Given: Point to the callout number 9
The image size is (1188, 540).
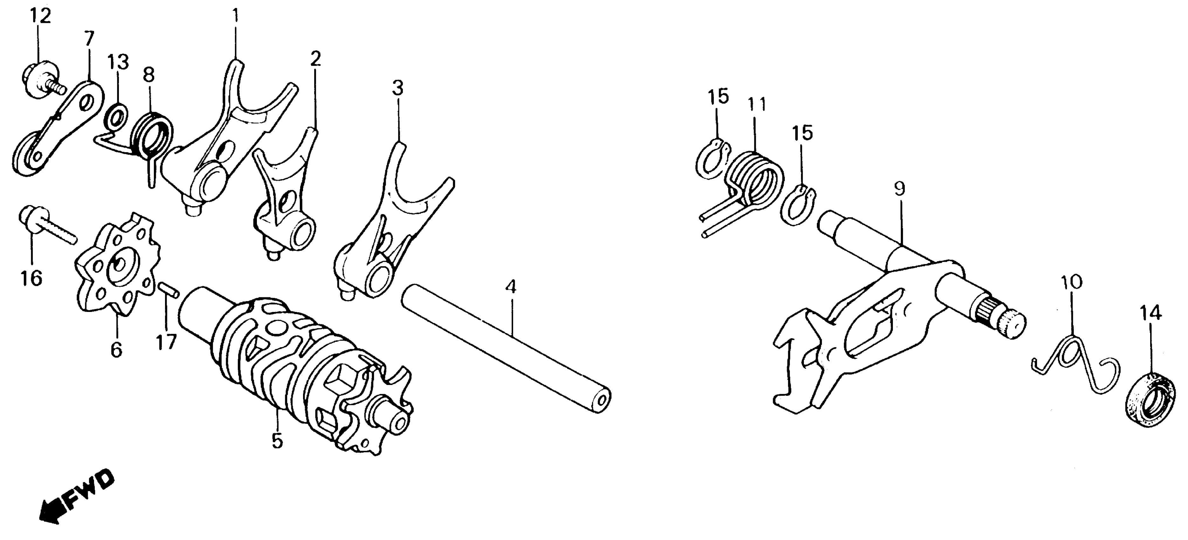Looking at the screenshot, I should click(x=899, y=189).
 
